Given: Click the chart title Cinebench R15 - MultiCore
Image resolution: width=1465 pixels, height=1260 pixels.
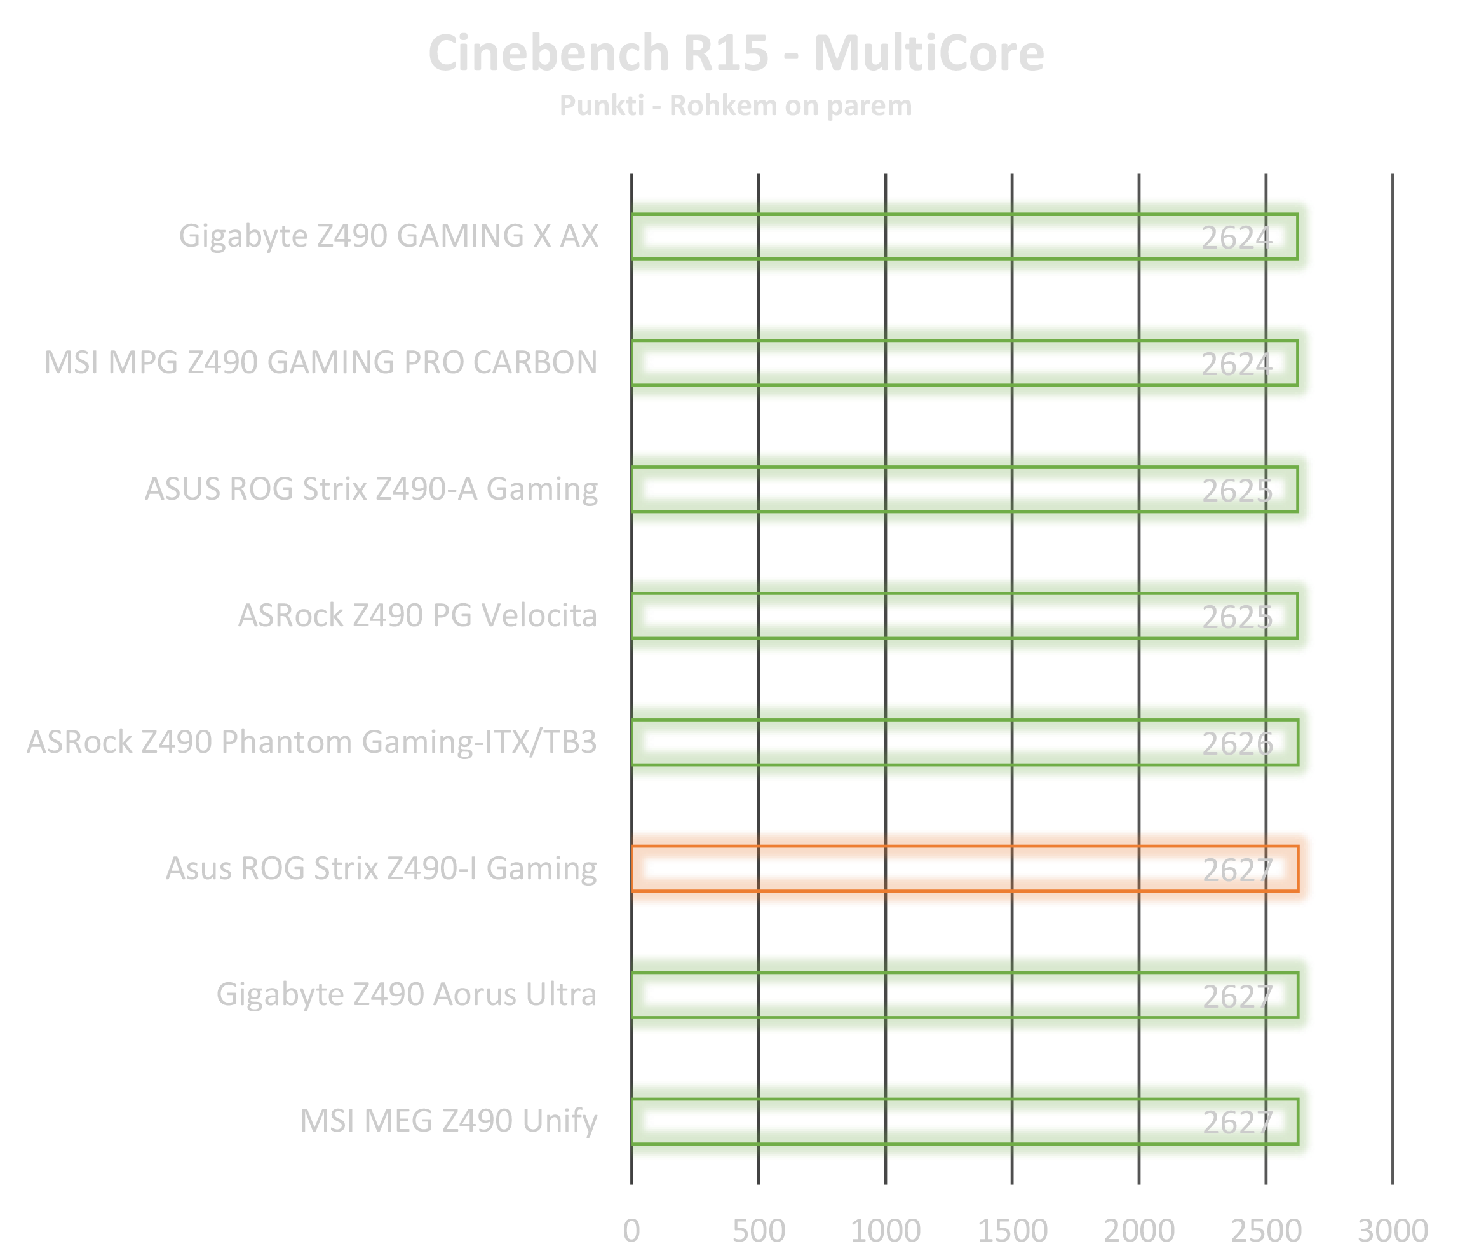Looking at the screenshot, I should (735, 54).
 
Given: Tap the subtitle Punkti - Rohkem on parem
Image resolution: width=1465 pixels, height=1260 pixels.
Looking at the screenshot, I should (735, 106).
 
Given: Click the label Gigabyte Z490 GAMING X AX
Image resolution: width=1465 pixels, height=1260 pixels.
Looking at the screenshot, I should (388, 236).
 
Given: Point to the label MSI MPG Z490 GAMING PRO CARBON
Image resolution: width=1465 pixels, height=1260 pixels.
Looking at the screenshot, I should (320, 363).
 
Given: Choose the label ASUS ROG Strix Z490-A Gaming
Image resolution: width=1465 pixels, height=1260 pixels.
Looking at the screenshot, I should (371, 490).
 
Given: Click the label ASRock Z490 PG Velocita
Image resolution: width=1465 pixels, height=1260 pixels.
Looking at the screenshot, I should (417, 616).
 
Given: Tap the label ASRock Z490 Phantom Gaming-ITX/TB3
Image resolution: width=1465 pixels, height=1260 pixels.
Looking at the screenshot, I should (313, 742).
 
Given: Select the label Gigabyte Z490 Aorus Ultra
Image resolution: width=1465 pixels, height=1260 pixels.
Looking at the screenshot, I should (406, 995).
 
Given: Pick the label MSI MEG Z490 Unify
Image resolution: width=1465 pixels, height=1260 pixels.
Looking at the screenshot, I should (449, 1121).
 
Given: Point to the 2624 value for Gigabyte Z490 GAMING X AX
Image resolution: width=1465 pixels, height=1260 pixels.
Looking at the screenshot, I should (1238, 238).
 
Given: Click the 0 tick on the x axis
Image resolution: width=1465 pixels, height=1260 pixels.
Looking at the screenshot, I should (631, 1231).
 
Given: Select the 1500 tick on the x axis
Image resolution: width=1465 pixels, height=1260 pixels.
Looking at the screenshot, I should (1012, 1231).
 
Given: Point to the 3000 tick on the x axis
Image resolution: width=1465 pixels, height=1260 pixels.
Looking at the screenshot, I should (1391, 1231).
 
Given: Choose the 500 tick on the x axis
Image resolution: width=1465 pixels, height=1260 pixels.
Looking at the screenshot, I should (759, 1231).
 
